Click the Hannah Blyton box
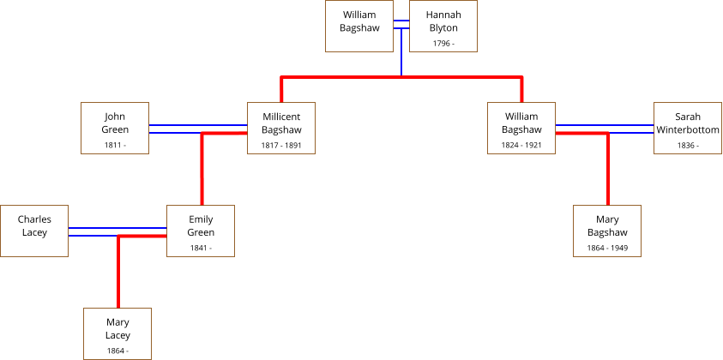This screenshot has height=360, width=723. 443,27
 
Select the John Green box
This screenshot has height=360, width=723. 115,128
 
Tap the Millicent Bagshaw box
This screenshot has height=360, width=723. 281,128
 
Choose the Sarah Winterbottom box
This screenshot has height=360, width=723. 687,128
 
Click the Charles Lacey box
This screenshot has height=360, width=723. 34,231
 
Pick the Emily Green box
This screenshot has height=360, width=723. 201,231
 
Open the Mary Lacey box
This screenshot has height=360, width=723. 117,333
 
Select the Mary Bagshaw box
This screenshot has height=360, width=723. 607,231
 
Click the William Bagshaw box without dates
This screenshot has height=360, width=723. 359,27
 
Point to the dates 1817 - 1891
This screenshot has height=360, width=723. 281,146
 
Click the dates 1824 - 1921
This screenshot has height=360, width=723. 521,146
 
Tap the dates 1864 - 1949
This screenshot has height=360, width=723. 607,249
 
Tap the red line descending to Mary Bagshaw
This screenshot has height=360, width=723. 607,171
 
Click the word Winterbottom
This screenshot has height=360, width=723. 687,129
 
